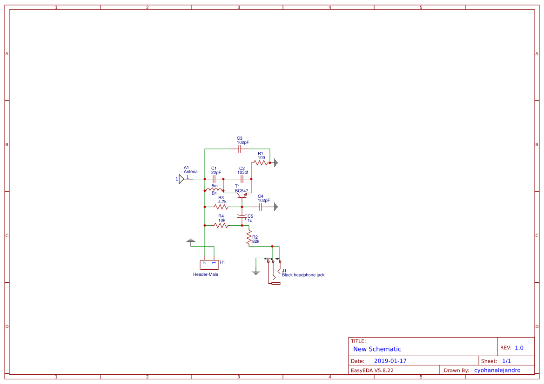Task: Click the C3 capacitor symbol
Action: [x=239, y=149]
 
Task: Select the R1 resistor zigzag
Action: [x=261, y=163]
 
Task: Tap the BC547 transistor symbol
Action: [x=242, y=195]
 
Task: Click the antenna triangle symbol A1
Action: [x=181, y=179]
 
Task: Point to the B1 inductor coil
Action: [x=215, y=190]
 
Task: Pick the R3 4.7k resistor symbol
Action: [x=221, y=207]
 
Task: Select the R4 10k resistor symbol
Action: [x=221, y=225]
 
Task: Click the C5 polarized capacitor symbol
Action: [x=242, y=216]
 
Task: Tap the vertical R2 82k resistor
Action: [x=249, y=237]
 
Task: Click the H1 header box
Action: [x=209, y=265]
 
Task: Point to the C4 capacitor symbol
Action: [x=261, y=207]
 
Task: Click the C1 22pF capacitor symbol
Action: [x=214, y=179]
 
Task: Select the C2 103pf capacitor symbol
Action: [x=242, y=179]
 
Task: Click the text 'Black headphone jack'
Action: [x=303, y=275]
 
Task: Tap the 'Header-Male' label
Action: [x=206, y=274]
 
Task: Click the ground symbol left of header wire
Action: [x=190, y=241]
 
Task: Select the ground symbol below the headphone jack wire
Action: [x=256, y=273]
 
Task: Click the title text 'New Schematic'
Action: [x=377, y=349]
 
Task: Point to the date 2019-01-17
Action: [x=390, y=361]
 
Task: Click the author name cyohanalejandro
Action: [x=497, y=371]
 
